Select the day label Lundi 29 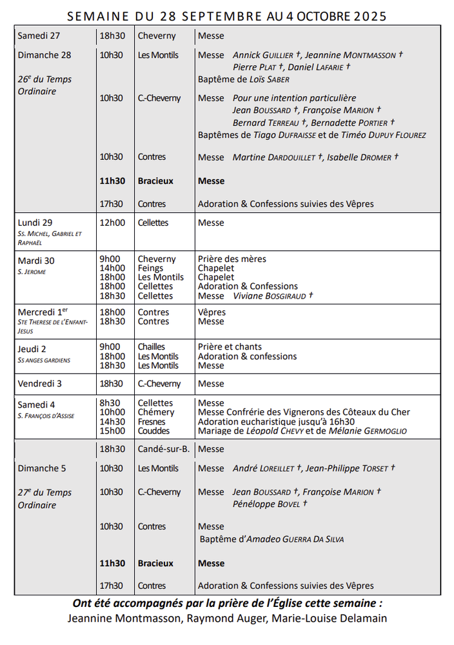point(35,223)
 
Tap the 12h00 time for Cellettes point(112,223)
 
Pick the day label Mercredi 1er point(43,312)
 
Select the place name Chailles point(152,347)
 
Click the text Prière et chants point(230,347)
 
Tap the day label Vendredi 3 point(40,384)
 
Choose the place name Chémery point(156,412)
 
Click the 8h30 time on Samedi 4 point(110,403)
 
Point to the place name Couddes point(153,431)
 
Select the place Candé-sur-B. point(163,449)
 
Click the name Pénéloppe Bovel point(266,504)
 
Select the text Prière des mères point(232,259)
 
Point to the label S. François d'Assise point(46,416)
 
